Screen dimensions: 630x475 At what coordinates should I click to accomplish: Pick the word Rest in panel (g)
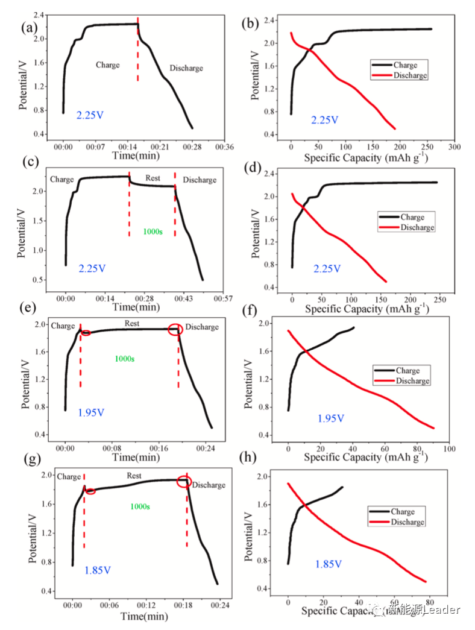click(x=134, y=476)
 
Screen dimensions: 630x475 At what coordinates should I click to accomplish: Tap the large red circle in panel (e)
click(x=175, y=329)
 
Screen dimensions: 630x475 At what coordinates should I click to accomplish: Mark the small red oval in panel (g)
click(x=90, y=491)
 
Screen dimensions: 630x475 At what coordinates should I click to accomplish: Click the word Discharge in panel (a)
click(x=186, y=68)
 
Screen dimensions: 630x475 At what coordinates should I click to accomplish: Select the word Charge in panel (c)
click(x=62, y=179)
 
